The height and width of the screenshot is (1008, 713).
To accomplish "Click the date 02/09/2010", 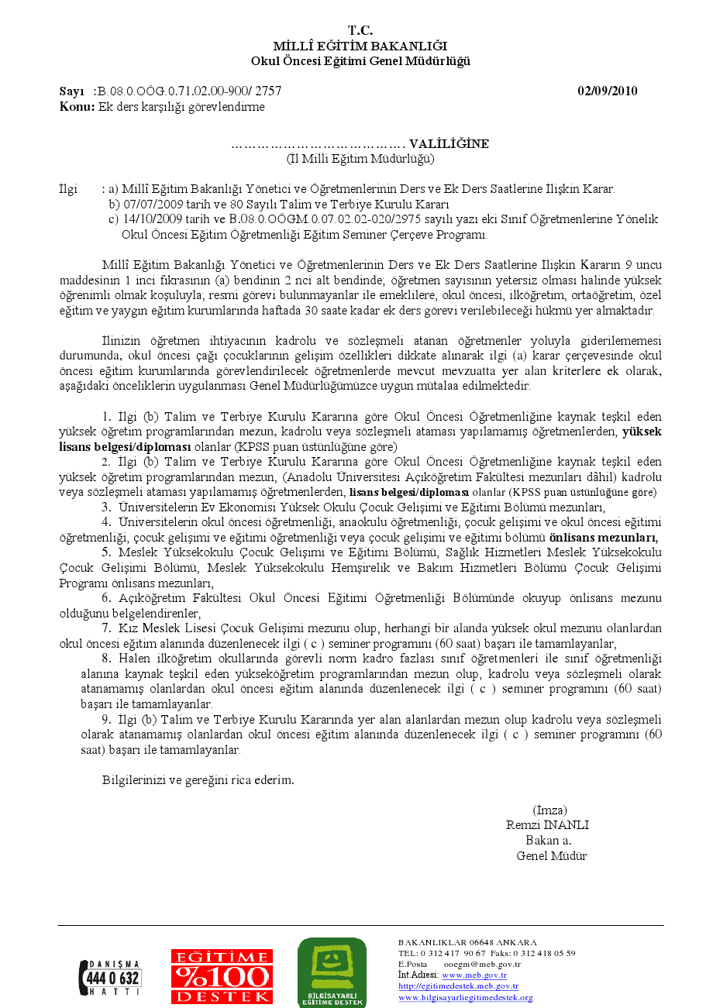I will coord(608,91).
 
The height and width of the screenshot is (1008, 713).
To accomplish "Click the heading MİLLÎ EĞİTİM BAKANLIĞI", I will coord(360,46).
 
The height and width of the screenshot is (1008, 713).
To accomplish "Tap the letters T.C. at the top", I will coord(360,31).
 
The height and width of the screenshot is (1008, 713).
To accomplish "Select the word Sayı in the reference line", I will coord(71,91).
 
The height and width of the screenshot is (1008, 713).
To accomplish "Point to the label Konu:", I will coord(77,107).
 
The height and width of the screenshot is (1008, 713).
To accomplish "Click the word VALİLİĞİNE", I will coord(449,144).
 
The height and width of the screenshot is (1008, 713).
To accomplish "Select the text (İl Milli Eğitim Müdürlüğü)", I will coord(360,159).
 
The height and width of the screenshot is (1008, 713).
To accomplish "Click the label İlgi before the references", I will coord(69,189).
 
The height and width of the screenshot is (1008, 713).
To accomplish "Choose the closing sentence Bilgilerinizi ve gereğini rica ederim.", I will coord(198,779).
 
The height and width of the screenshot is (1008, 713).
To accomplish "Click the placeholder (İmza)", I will coord(549,810).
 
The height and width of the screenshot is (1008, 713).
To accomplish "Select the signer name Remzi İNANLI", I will coord(548,825).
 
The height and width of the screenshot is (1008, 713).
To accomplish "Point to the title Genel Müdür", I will coord(552,856).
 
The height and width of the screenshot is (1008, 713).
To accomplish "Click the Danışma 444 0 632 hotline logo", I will coord(110,977).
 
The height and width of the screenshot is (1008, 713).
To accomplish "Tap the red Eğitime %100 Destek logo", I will coord(222,977).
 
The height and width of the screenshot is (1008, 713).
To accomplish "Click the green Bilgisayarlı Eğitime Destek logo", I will coord(332,973).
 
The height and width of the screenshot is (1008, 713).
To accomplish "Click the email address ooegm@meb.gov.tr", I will coord(482,964).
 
